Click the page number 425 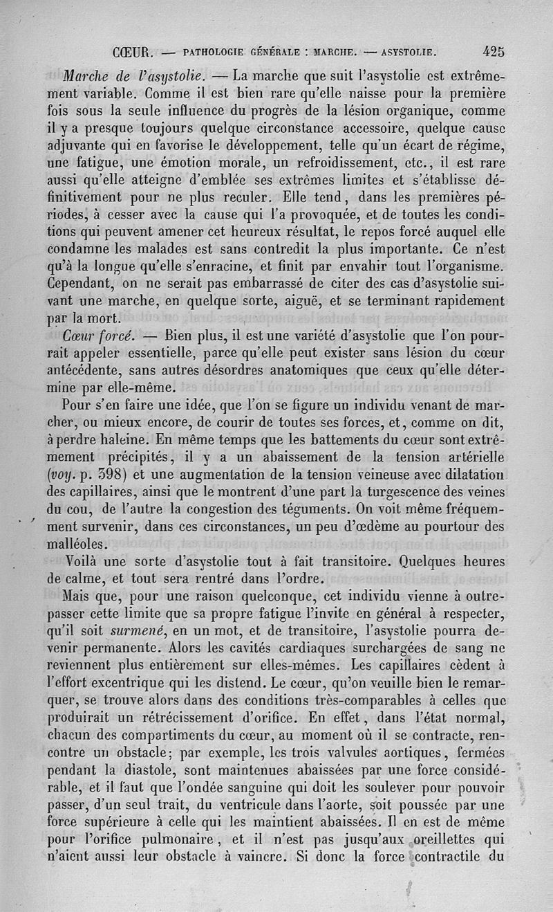coord(494,51)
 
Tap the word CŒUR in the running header coord(131,51)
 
